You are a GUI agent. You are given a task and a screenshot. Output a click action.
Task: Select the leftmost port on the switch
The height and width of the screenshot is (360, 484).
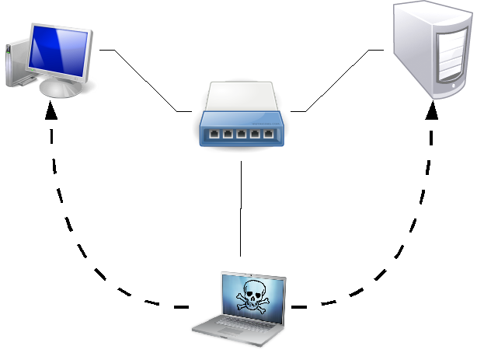coord(213,134)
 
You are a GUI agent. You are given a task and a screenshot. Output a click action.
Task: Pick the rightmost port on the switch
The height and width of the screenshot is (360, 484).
coord(269,134)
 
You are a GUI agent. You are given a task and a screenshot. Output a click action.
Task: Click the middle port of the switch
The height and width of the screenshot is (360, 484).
coord(241,134)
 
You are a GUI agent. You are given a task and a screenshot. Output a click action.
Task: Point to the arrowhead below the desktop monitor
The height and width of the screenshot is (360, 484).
coord(51,110)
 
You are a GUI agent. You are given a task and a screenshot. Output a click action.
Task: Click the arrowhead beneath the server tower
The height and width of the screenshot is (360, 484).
coord(432,111)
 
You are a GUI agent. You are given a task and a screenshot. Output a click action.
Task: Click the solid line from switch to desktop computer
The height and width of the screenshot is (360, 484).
coord(148,81)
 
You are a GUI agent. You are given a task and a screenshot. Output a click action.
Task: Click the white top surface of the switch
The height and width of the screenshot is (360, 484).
coord(241,97)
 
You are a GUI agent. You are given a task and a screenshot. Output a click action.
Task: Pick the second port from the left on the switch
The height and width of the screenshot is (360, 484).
coord(227,134)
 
